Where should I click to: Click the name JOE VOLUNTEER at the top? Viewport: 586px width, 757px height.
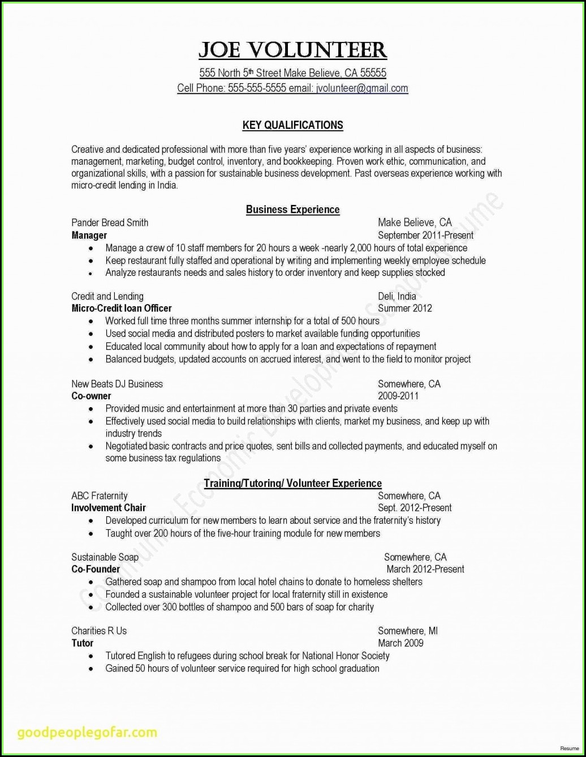[292, 50]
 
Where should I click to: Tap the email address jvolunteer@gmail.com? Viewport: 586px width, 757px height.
[362, 88]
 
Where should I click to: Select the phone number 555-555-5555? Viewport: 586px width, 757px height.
[257, 88]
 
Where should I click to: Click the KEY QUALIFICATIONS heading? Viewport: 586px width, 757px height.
[292, 125]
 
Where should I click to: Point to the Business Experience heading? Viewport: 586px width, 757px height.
[292, 209]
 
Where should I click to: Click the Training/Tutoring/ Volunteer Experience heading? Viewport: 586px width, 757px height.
[292, 483]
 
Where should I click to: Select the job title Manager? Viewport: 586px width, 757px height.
[89, 235]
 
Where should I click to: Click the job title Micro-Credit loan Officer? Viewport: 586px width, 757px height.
[122, 309]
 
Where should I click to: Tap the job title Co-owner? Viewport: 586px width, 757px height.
[91, 396]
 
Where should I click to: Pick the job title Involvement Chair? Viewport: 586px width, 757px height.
[109, 508]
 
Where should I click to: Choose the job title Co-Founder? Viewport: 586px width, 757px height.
[96, 569]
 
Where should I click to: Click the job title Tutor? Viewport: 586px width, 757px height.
[83, 643]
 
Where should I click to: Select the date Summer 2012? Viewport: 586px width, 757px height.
[404, 309]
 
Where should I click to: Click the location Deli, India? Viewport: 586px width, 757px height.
[397, 296]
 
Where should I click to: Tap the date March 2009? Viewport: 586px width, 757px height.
[400, 643]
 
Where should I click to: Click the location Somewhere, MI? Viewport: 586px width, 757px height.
[408, 631]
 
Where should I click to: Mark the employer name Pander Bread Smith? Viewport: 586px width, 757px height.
[110, 223]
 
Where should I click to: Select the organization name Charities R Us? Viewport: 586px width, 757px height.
[99, 631]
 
